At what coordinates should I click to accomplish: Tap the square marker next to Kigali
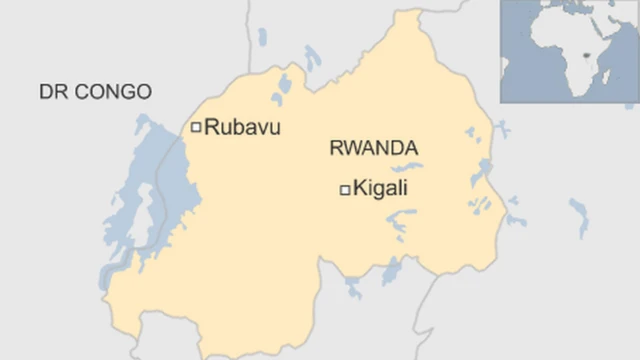[345, 189]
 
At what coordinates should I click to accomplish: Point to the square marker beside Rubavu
[196, 127]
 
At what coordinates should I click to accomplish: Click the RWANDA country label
[373, 149]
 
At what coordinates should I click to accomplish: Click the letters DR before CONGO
[50, 92]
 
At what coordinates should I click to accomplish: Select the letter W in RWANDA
[348, 149]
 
